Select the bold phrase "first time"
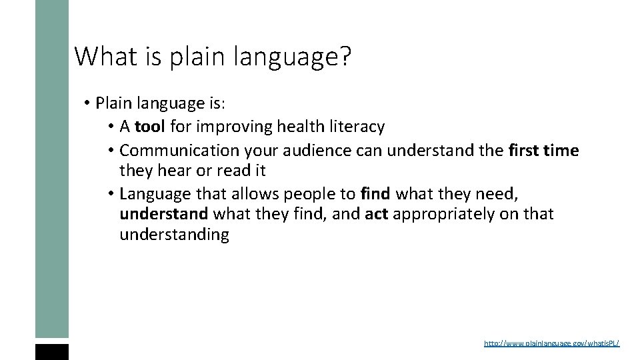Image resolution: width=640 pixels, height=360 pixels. tap(543, 151)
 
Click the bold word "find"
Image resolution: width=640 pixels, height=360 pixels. tap(375, 194)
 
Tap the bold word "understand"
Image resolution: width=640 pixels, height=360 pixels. tap(163, 214)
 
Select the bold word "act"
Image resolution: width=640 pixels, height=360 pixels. tap(377, 214)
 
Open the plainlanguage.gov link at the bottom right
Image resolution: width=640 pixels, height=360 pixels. tap(551, 343)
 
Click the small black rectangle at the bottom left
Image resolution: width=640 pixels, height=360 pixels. tap(52, 352)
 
